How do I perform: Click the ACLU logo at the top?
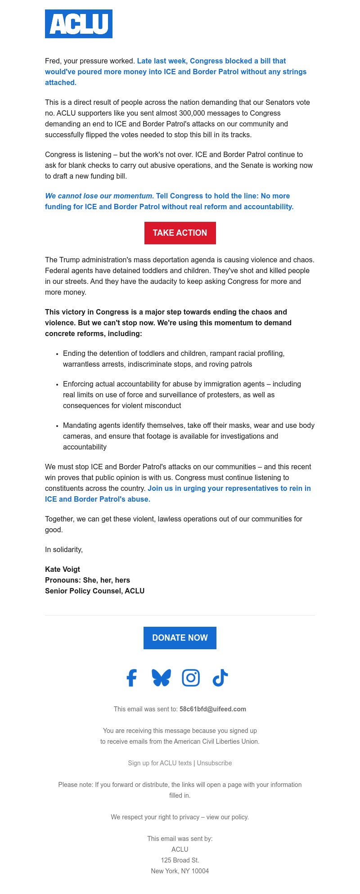click(79, 24)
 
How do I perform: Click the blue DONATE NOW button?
click(180, 638)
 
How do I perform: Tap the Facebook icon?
click(131, 678)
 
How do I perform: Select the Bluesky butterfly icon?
click(161, 678)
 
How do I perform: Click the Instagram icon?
click(191, 678)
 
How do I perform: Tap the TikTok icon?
click(220, 678)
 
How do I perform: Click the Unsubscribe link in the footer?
click(214, 763)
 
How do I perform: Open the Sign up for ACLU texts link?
click(159, 763)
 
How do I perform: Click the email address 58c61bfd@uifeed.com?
click(212, 709)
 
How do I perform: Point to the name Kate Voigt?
click(63, 569)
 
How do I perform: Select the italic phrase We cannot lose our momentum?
click(99, 196)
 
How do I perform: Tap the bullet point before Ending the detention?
click(57, 354)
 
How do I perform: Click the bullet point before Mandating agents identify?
click(57, 426)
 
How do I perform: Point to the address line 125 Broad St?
click(180, 860)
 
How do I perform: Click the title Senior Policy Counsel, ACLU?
click(94, 591)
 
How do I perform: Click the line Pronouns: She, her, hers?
click(87, 580)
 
